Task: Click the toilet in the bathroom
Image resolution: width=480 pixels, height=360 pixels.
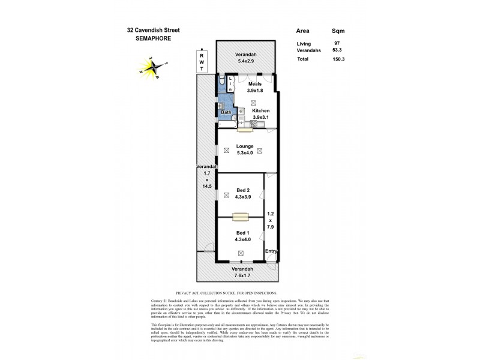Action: pyautogui.click(x=222, y=82)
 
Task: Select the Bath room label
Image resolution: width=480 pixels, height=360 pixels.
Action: pyautogui.click(x=226, y=112)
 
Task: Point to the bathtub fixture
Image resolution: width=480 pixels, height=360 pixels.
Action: pyautogui.click(x=227, y=124)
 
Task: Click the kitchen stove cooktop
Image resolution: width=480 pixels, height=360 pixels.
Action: pyautogui.click(x=254, y=124)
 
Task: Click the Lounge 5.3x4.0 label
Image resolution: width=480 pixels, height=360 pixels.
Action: pyautogui.click(x=245, y=150)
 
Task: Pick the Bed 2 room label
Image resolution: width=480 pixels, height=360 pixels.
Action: pyautogui.click(x=242, y=194)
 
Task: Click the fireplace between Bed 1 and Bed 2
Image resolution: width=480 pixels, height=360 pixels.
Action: pyautogui.click(x=241, y=217)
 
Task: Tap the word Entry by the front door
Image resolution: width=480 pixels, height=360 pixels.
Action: pyautogui.click(x=271, y=251)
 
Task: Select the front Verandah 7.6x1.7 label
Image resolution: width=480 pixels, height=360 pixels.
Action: pyautogui.click(x=242, y=272)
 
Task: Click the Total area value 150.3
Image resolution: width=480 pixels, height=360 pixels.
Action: pyautogui.click(x=338, y=59)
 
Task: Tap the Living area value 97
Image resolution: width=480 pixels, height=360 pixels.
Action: pyautogui.click(x=336, y=43)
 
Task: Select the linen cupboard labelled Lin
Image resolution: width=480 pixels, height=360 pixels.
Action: pyautogui.click(x=230, y=84)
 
